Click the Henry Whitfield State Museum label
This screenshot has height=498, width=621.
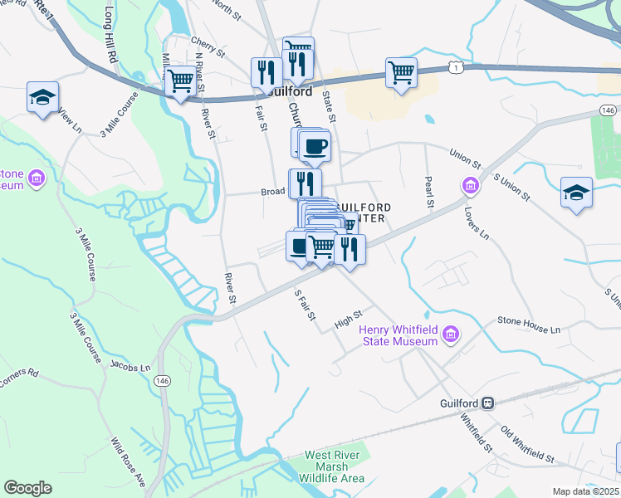[x=399, y=335]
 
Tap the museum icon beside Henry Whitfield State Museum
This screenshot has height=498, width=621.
[x=451, y=334]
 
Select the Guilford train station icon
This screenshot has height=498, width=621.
[x=489, y=403]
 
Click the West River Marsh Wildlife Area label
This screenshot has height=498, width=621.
[x=333, y=466]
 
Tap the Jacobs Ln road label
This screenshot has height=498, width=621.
[x=130, y=366]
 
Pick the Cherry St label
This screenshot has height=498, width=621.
[x=208, y=45]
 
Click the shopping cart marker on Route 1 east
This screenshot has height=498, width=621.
[x=401, y=73]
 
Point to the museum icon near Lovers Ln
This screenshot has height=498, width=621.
[x=469, y=184]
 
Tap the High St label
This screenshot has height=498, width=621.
[x=348, y=319]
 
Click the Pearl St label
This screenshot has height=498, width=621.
[x=429, y=190]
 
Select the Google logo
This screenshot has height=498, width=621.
[x=27, y=488]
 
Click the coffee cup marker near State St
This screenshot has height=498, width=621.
[x=315, y=147]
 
